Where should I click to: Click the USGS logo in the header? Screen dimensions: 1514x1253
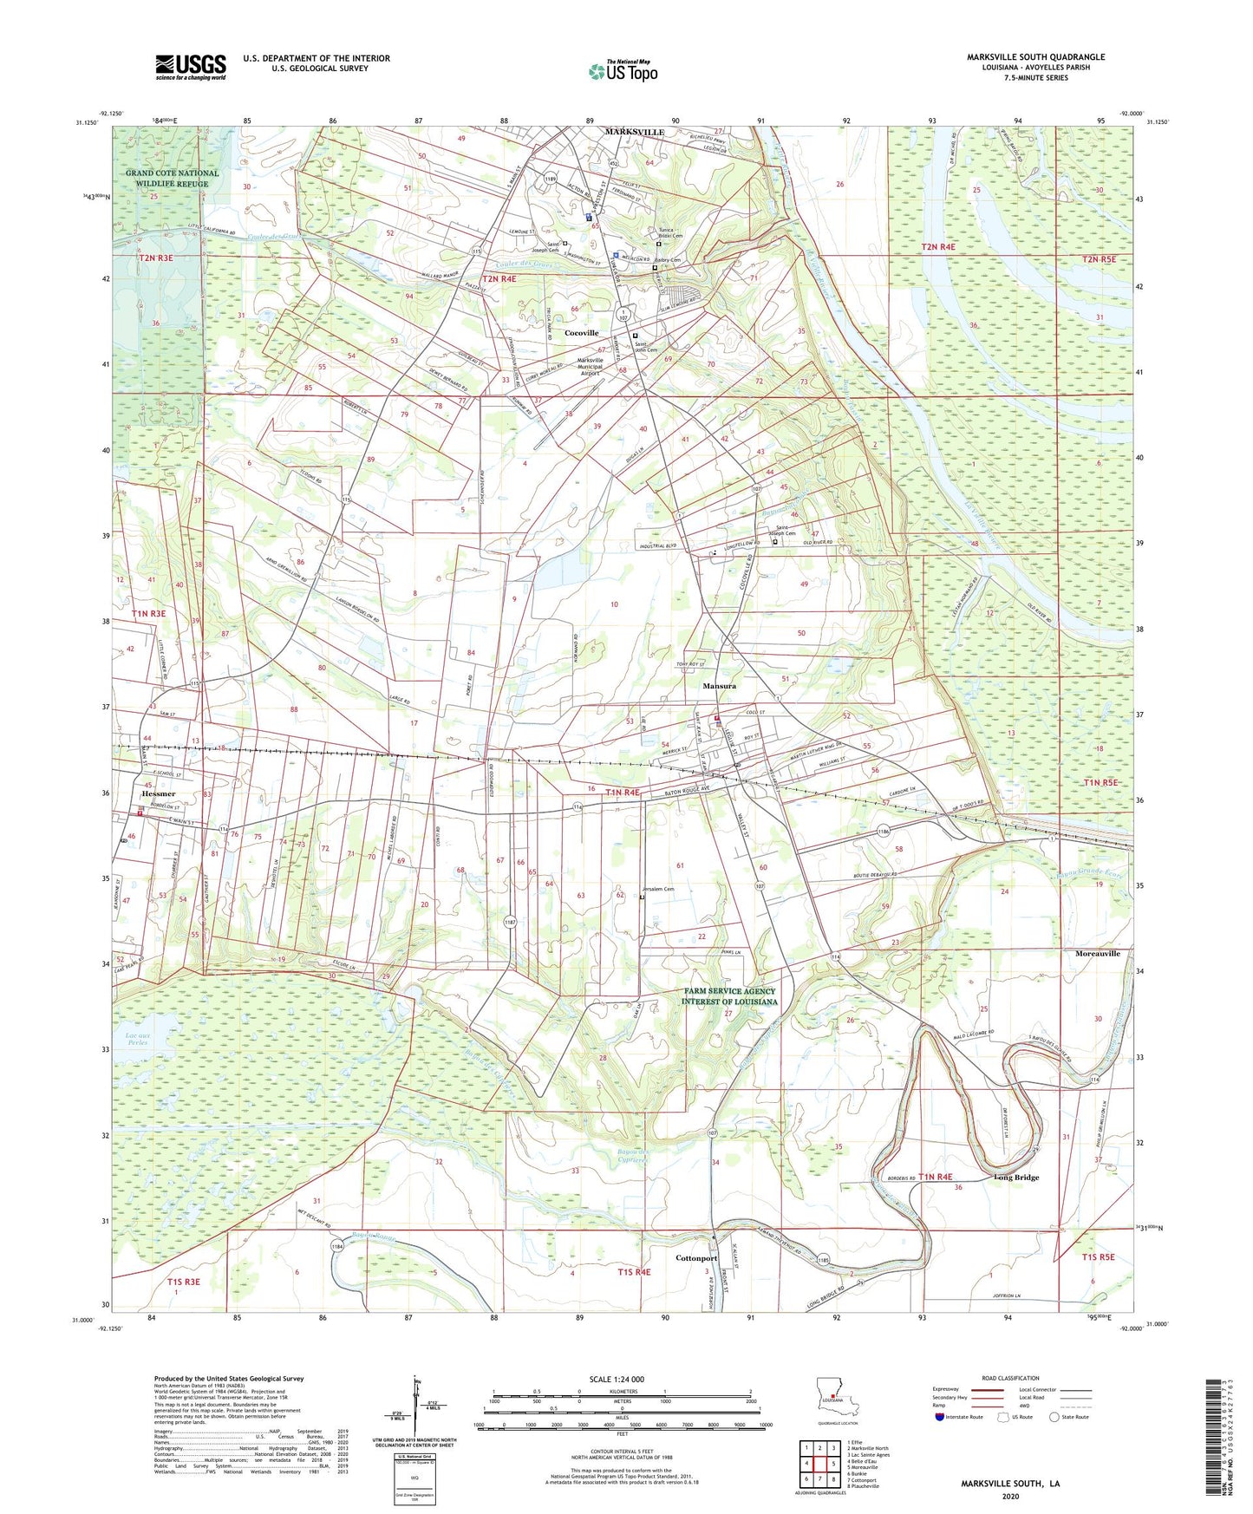191,67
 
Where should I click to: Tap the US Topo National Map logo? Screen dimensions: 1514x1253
623,71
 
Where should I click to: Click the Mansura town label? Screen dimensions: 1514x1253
719,686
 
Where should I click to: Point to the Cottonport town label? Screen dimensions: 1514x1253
696,1258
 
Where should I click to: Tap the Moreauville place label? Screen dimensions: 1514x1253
1092,953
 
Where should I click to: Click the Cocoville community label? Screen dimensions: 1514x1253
581,333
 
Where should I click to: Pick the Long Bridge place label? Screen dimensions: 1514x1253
1016,1178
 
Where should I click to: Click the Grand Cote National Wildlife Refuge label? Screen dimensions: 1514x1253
173,179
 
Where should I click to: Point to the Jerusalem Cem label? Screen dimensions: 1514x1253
657,889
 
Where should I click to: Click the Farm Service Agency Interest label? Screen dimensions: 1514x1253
729,996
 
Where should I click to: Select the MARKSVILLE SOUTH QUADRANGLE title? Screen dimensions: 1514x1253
1035,57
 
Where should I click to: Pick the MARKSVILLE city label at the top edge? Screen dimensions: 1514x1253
635,132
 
